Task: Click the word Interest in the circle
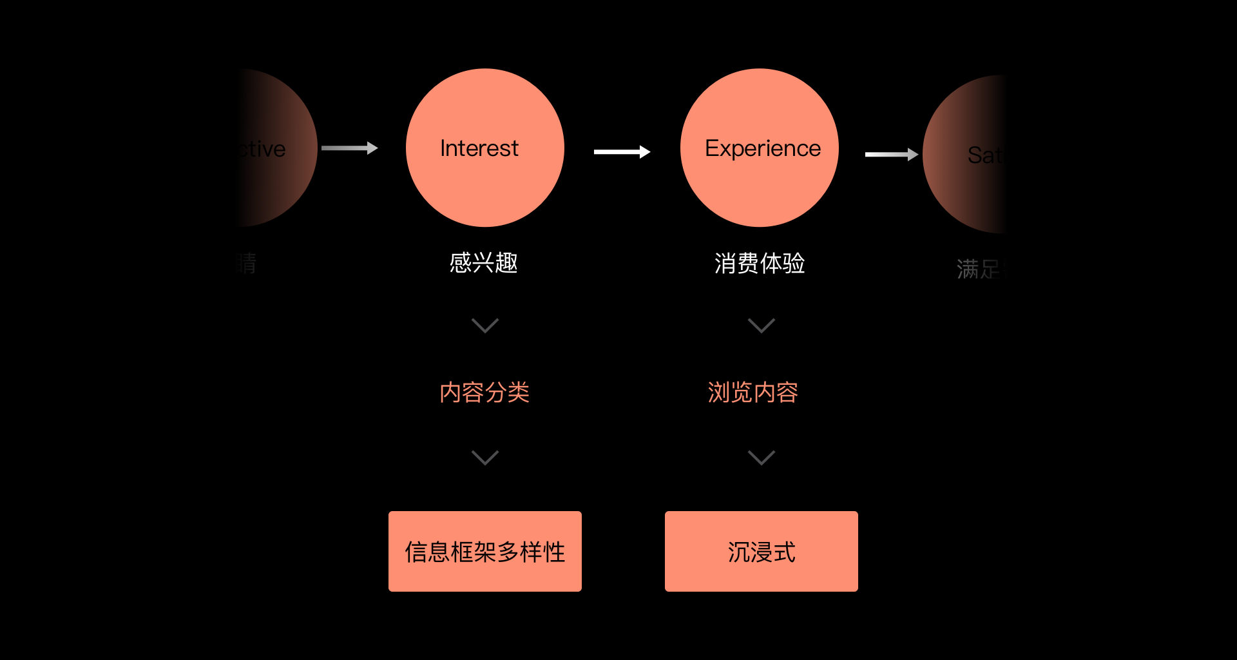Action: click(479, 148)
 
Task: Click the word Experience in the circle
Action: click(762, 148)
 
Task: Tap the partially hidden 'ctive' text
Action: click(262, 149)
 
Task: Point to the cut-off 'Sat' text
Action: click(984, 155)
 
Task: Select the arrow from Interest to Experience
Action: click(622, 152)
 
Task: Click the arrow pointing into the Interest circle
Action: click(349, 148)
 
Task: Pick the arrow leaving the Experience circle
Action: click(891, 154)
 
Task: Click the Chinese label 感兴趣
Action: click(483, 263)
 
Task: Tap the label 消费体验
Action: click(759, 263)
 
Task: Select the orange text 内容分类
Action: click(484, 392)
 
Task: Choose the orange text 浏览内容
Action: click(753, 392)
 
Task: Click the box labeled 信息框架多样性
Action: click(484, 551)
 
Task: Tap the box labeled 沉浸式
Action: click(761, 551)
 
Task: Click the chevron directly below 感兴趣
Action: click(484, 325)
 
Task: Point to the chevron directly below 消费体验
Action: click(761, 325)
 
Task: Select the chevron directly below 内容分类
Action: click(484, 458)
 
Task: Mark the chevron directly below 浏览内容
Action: click(761, 458)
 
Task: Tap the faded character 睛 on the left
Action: click(245, 263)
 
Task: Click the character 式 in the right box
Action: click(785, 552)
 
